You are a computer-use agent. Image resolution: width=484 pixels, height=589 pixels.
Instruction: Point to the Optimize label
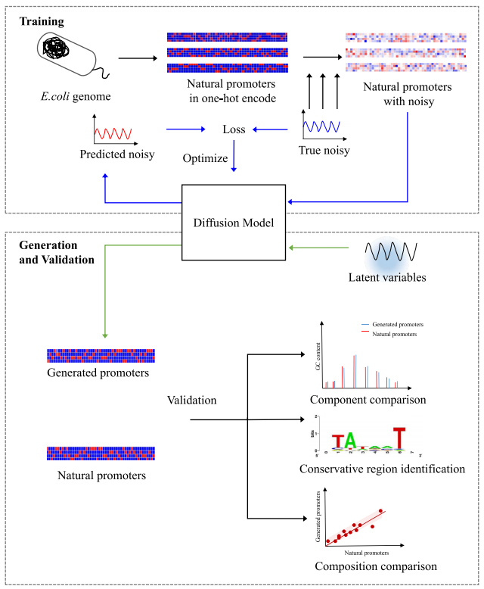[x=205, y=158]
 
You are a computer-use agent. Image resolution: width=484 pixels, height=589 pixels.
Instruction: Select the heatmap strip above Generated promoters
[x=101, y=355]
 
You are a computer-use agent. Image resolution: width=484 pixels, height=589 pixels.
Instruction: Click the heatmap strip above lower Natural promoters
[x=101, y=453]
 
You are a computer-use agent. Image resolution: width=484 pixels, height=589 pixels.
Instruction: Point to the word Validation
[x=191, y=399]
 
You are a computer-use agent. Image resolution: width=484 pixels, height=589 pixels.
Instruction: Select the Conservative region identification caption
[x=382, y=469]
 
